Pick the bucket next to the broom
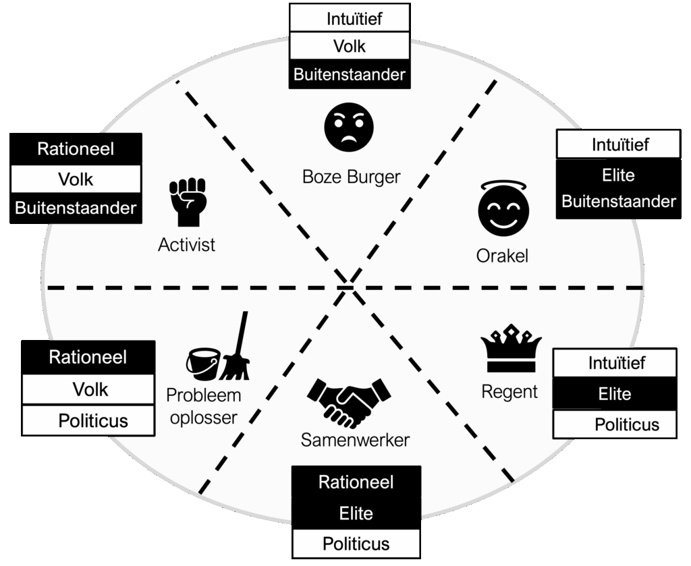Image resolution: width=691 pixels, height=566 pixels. [x=203, y=364]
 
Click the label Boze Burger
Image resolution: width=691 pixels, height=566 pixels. [x=351, y=177]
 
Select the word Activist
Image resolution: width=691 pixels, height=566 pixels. [x=187, y=244]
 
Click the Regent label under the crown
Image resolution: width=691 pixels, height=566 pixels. [x=509, y=391]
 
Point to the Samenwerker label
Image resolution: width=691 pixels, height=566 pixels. [x=355, y=441]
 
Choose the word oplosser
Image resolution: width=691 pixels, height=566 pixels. [x=204, y=418]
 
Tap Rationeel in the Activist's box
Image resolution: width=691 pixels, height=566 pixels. [x=76, y=149]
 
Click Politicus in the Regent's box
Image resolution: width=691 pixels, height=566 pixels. [x=626, y=425]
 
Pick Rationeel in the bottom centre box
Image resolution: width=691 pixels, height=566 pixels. [x=356, y=482]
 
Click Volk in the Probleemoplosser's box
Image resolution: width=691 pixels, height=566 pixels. [x=90, y=389]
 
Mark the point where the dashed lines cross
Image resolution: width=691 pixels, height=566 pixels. [x=349, y=287]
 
